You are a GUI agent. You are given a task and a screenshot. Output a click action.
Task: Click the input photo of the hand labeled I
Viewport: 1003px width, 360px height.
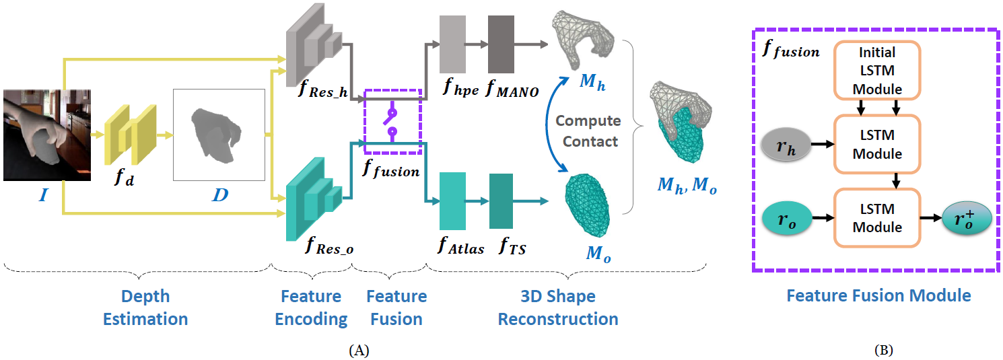tap(46, 134)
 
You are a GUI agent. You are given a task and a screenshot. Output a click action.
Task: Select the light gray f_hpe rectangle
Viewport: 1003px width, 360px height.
tap(452, 44)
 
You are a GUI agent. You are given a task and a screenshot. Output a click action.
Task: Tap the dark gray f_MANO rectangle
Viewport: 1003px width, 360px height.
tap(501, 44)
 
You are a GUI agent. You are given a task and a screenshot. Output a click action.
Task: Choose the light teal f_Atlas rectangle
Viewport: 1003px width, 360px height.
tap(452, 201)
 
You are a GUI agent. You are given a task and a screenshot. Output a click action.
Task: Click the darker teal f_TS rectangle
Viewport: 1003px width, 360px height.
tap(501, 201)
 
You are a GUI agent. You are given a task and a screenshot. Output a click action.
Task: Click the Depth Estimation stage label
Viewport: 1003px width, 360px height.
tap(145, 308)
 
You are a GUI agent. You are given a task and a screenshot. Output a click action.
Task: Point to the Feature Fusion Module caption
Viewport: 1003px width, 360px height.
tap(878, 295)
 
